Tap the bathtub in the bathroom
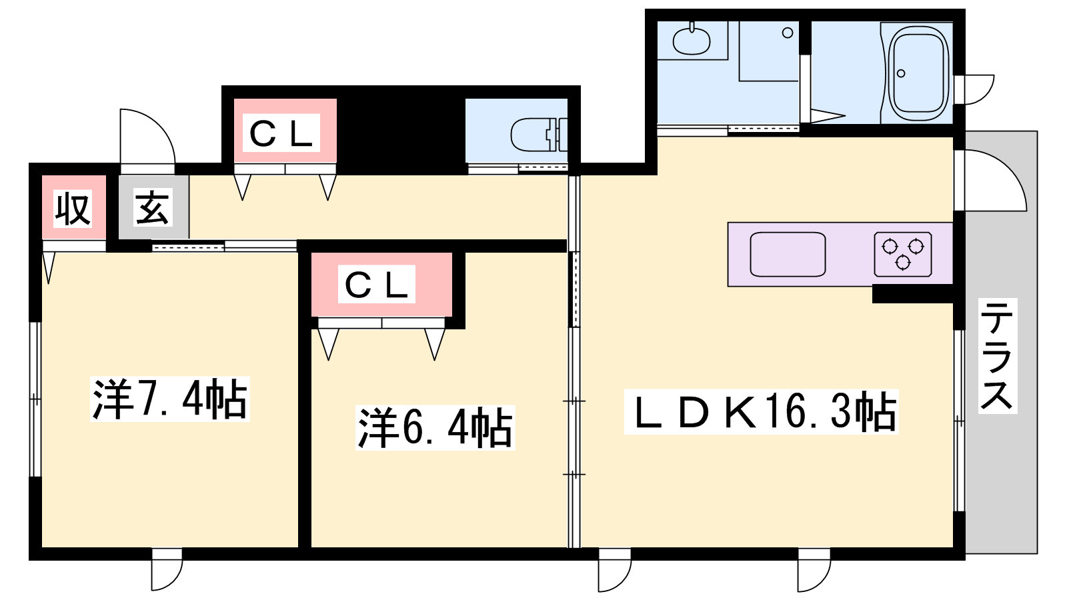pyautogui.click(x=918, y=73)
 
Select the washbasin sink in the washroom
pyautogui.click(x=692, y=41)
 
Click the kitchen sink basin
pyautogui.click(x=788, y=254)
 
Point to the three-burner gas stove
pyautogui.click(x=903, y=254)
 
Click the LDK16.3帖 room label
pyautogui.click(x=761, y=412)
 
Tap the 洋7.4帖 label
pyautogui.click(x=170, y=399)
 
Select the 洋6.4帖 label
pyautogui.click(x=435, y=427)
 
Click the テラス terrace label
pyautogui.click(x=998, y=356)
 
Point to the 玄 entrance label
pyautogui.click(x=152, y=207)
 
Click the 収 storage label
pyautogui.click(x=73, y=209)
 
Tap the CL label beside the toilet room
pyautogui.click(x=281, y=133)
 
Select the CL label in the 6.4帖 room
pyautogui.click(x=376, y=284)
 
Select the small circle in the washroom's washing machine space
pyautogui.click(x=788, y=33)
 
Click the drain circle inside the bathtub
pyautogui.click(x=901, y=73)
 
